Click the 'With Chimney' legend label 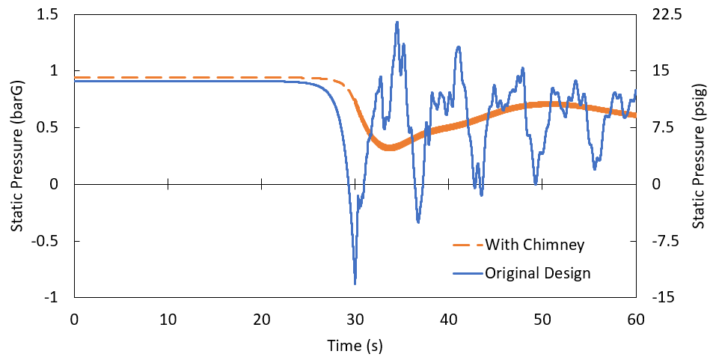pyautogui.click(x=534, y=244)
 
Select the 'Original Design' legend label pyautogui.click(x=538, y=273)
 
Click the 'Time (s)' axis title pyautogui.click(x=355, y=346)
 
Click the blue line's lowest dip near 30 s pyautogui.click(x=355, y=283)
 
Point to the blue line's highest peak pyautogui.click(x=397, y=22)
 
